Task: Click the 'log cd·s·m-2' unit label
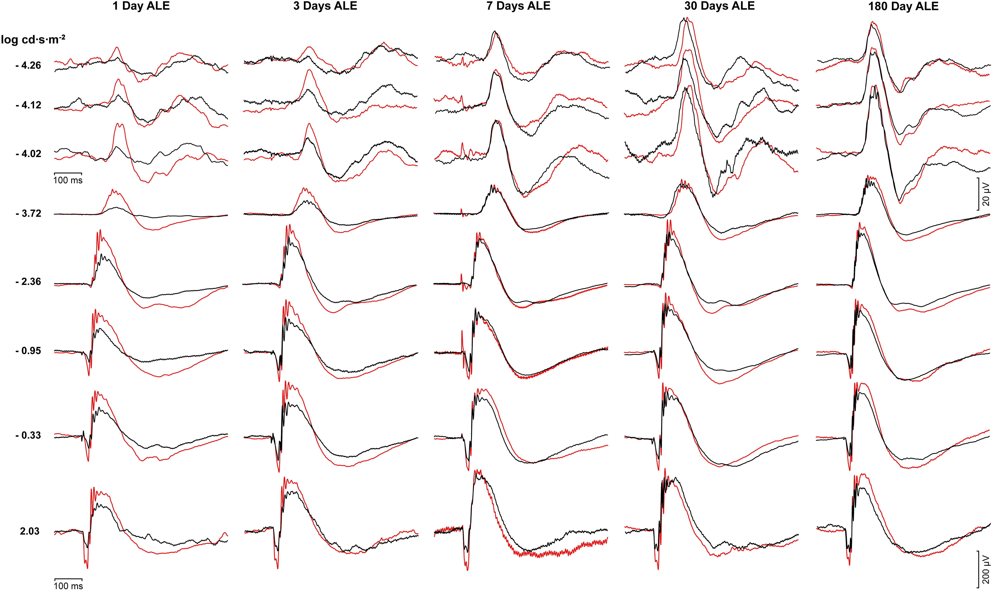(33, 39)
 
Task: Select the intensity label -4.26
(28, 65)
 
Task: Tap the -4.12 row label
(28, 105)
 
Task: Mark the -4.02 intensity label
(28, 154)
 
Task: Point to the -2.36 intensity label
(28, 282)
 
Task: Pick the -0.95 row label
(28, 351)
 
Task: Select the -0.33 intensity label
(28, 435)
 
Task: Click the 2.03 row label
(30, 531)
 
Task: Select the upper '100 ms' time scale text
(68, 180)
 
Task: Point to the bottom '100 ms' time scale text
(68, 586)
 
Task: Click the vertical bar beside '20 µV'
(978, 194)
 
